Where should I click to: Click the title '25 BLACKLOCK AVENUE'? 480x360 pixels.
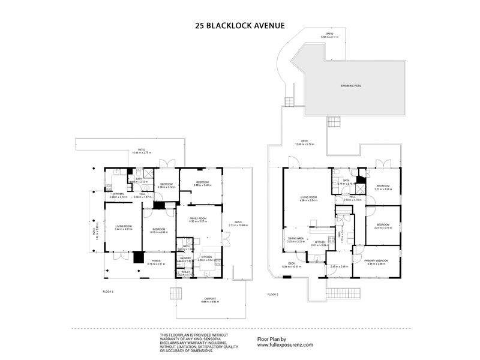pyautogui.click(x=239, y=26)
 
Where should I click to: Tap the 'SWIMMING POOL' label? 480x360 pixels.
pyautogui.click(x=350, y=86)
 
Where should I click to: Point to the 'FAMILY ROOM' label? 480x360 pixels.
pyautogui.click(x=198, y=220)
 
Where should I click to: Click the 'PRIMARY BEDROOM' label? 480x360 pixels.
pyautogui.click(x=376, y=260)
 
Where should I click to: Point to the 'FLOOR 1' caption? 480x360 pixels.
pyautogui.click(x=108, y=290)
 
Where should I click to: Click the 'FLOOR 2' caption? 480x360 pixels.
pyautogui.click(x=274, y=294)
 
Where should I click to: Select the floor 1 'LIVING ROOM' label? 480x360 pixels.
pyautogui.click(x=124, y=226)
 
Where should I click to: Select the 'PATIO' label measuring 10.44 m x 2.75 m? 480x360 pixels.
pyautogui.click(x=142, y=149)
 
